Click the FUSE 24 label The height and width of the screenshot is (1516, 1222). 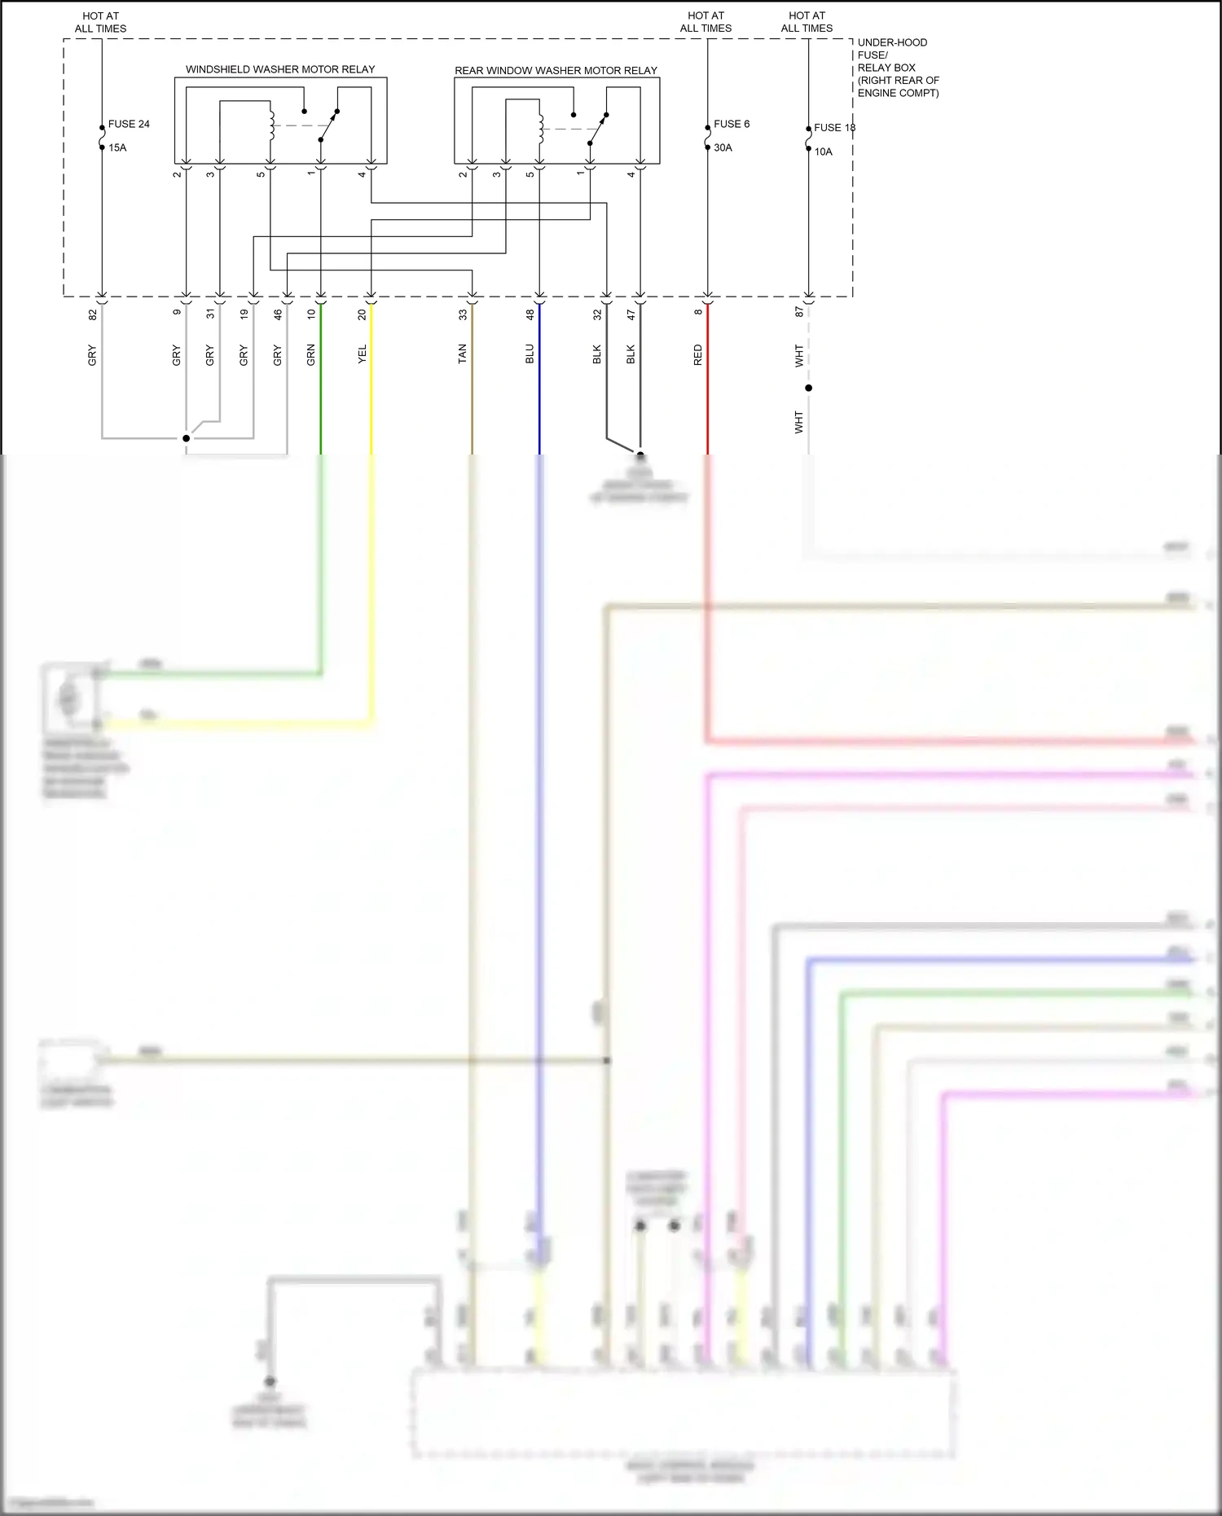tap(129, 124)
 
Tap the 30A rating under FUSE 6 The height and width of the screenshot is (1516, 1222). tap(723, 147)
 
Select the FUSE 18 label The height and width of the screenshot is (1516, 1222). tap(834, 128)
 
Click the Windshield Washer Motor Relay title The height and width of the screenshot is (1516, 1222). tap(280, 69)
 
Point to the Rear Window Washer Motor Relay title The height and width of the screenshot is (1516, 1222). tap(556, 71)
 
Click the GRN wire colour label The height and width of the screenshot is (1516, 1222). tap(310, 354)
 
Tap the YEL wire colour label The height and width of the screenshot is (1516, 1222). tap(362, 354)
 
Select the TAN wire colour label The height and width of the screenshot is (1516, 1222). tap(462, 354)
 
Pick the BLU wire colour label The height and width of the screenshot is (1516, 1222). tap(530, 354)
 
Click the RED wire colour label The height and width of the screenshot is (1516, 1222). tap(697, 354)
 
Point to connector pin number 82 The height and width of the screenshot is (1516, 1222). tap(92, 314)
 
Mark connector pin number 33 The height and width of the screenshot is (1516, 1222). tap(462, 314)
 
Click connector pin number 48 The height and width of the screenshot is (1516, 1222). tap(530, 314)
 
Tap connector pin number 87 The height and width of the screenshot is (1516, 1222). tap(798, 311)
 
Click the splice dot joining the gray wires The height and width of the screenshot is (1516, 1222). tap(186, 438)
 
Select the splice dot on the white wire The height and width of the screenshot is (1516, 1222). tap(808, 388)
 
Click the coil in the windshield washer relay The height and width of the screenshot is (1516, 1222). tap(271, 125)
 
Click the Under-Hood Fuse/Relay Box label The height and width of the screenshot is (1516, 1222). tap(897, 68)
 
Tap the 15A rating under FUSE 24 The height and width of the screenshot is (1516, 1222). tap(117, 147)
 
